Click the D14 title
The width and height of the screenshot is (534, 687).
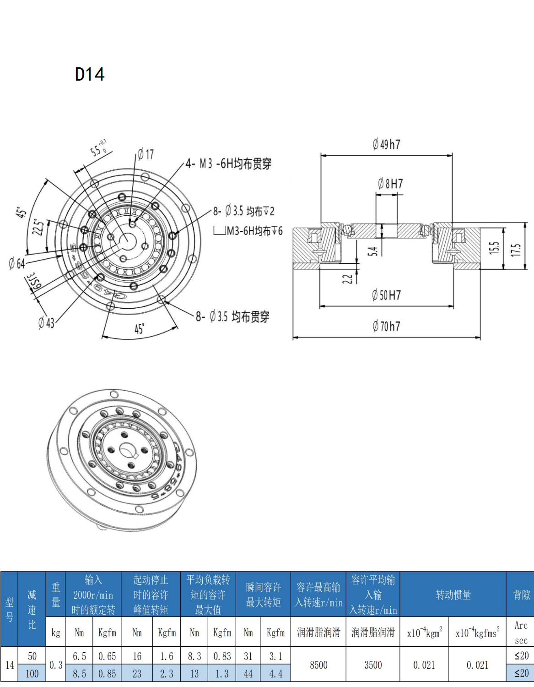click(90, 74)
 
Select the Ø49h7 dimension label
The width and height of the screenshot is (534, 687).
click(386, 145)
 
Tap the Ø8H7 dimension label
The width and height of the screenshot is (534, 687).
click(390, 184)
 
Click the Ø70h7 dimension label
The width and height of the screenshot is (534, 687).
click(386, 327)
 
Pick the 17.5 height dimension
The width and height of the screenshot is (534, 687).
click(516, 250)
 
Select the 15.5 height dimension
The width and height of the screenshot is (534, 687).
click(494, 248)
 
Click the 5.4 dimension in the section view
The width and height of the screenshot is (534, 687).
click(373, 251)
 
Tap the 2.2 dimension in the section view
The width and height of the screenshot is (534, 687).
click(348, 278)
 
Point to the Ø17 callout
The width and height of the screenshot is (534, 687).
click(146, 154)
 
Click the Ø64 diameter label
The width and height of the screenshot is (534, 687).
click(17, 263)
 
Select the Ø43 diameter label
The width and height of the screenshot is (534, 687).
click(46, 323)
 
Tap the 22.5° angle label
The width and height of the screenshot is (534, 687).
click(39, 227)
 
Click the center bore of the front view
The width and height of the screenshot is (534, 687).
click(127, 240)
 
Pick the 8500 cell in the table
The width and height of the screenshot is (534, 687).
click(318, 665)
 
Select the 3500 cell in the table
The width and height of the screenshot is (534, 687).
click(373, 665)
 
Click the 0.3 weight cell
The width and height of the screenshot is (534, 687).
click(56, 665)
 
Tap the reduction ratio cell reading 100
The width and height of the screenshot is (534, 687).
click(32, 673)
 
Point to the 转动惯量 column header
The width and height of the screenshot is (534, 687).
click(453, 594)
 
